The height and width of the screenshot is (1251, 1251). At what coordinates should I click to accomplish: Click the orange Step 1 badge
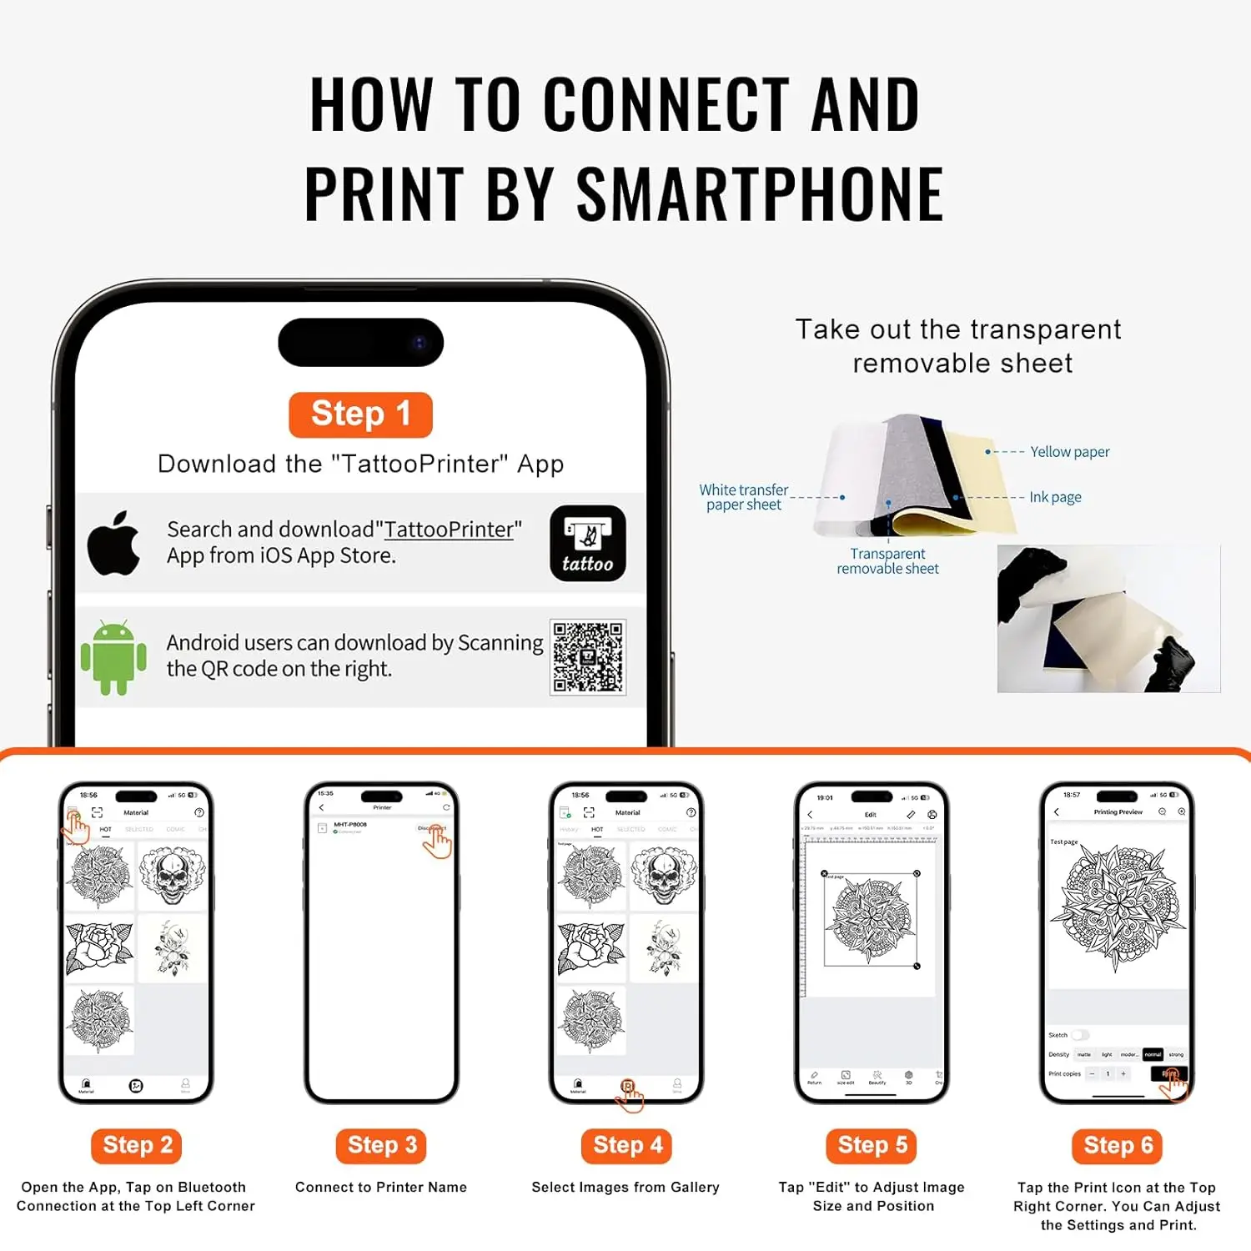click(x=360, y=414)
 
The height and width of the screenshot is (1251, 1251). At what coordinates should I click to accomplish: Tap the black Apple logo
click(x=114, y=544)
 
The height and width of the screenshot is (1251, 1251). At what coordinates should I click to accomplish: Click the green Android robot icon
click(x=113, y=657)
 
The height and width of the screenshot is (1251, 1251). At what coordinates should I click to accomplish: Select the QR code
click(x=588, y=657)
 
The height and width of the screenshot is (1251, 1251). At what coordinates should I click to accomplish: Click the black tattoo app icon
click(x=588, y=543)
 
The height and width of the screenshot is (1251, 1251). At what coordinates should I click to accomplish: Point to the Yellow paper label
click(x=1069, y=452)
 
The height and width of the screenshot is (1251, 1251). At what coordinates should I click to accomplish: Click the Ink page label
click(x=1055, y=497)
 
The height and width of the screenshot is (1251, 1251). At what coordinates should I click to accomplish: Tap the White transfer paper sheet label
click(x=743, y=497)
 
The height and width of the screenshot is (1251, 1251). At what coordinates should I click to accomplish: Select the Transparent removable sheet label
click(x=887, y=561)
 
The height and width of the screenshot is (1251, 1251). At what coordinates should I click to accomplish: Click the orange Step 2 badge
click(x=137, y=1145)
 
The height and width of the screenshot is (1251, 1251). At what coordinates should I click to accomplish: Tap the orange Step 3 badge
click(x=382, y=1145)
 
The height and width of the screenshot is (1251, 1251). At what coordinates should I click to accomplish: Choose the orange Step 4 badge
click(x=627, y=1145)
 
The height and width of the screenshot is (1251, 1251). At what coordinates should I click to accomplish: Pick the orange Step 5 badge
click(x=872, y=1145)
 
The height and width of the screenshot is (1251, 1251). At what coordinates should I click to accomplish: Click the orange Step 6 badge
click(x=1118, y=1145)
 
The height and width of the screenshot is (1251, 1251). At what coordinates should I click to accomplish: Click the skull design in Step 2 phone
click(x=172, y=876)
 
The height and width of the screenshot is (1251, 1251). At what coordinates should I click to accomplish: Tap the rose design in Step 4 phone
click(x=590, y=949)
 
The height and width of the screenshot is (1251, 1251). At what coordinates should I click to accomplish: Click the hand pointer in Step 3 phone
click(x=437, y=842)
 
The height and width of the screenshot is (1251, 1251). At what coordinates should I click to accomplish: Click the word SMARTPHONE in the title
click(x=759, y=194)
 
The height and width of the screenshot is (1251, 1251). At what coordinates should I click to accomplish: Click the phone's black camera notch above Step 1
click(x=360, y=342)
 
